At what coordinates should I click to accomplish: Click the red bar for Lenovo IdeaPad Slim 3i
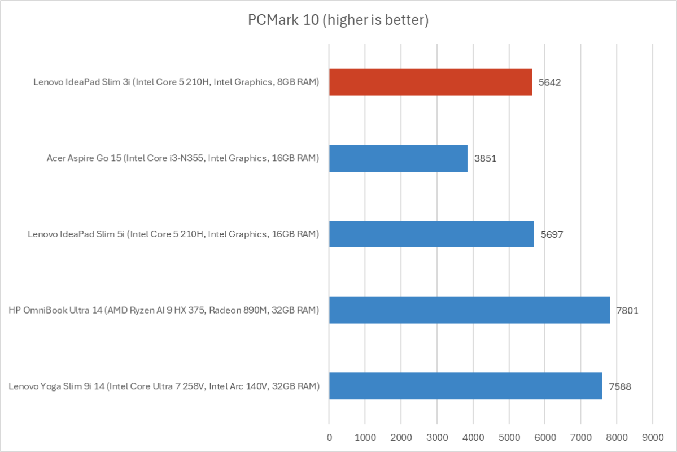pos(430,82)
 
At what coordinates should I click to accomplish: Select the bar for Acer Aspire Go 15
pos(398,158)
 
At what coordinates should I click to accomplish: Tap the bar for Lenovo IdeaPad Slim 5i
pos(431,234)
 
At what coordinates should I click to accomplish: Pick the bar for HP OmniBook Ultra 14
pos(469,310)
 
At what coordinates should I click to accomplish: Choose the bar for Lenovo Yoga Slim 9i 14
pos(465,386)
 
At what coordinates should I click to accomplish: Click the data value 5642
pos(550,82)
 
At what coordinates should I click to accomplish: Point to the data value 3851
pos(486,158)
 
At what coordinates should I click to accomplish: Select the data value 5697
pos(552,234)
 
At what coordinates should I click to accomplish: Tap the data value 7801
pos(627,310)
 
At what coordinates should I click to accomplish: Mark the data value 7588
pos(619,386)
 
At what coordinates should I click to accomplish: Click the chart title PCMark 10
pos(338,20)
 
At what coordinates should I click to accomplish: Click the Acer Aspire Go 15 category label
pos(183,158)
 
